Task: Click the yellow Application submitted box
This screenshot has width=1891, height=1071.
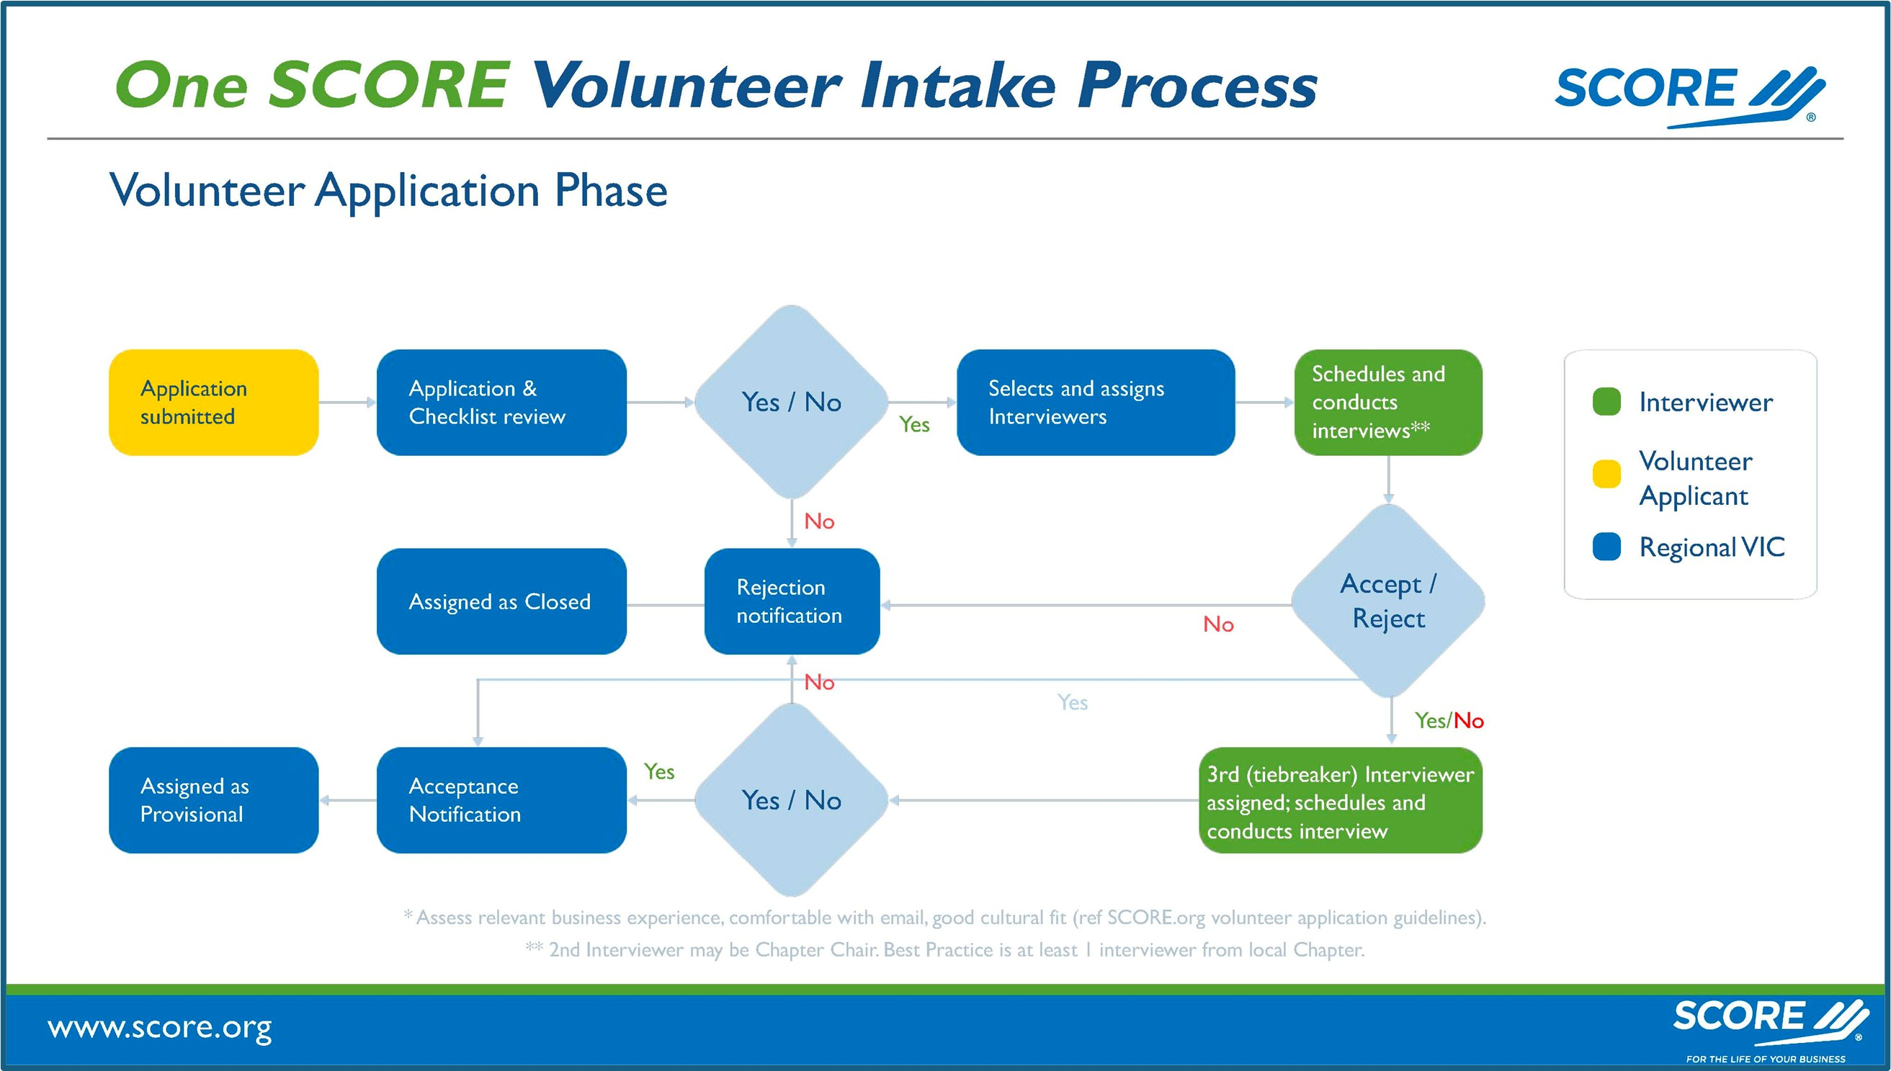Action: click(213, 403)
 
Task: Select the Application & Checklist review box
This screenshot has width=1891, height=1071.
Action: click(501, 403)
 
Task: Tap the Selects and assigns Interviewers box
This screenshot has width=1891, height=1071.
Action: click(1095, 403)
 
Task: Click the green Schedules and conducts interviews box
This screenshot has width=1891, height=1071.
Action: click(1388, 403)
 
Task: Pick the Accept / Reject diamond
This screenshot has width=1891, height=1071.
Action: click(1388, 601)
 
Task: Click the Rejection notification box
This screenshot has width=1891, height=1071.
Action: click(792, 601)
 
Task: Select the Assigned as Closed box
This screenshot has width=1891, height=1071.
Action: click(501, 601)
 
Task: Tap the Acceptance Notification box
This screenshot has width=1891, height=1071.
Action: click(501, 800)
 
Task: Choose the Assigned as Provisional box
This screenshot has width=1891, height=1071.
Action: click(213, 800)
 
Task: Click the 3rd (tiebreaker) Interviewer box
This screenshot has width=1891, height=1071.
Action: click(1340, 800)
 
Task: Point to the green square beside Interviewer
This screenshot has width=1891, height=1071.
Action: click(1606, 402)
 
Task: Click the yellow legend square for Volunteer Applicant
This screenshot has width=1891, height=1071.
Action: click(1606, 474)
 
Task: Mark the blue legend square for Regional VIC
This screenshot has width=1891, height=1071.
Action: click(1606, 547)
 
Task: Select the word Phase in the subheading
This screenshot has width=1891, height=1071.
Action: click(610, 191)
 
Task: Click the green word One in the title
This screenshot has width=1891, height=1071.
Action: click(182, 85)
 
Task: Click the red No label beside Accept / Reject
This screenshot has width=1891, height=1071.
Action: click(1218, 624)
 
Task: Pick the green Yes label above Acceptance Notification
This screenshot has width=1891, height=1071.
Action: click(658, 771)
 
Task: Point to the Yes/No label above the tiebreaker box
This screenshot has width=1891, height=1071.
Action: click(1448, 721)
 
